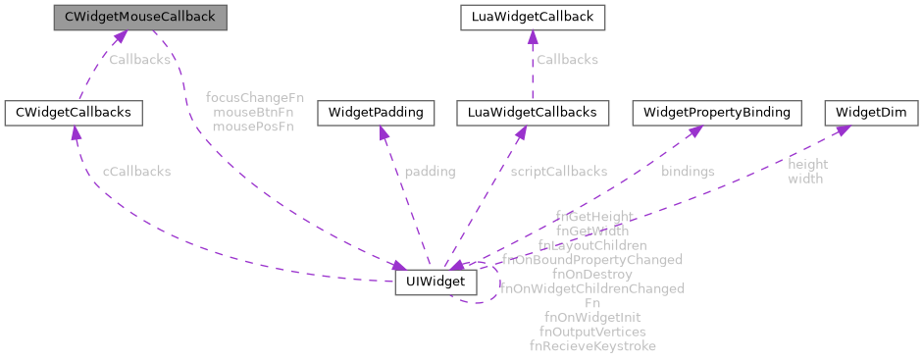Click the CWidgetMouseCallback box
139,17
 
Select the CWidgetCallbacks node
74,113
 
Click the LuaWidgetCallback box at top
531,17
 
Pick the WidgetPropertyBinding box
716,113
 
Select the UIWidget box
436,283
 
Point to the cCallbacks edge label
136,172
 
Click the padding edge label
430,172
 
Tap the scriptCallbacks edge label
558,172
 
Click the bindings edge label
688,172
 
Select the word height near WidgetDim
807,165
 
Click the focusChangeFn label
248,98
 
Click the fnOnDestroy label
591,275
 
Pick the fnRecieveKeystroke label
592,346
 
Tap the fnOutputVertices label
592,333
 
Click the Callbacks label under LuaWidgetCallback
566,60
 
